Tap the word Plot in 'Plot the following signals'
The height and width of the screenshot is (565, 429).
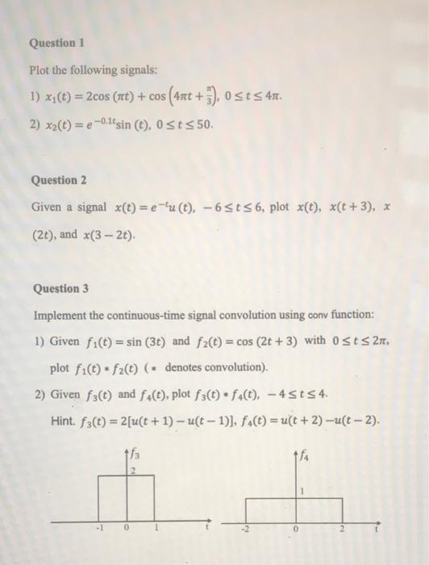40,69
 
